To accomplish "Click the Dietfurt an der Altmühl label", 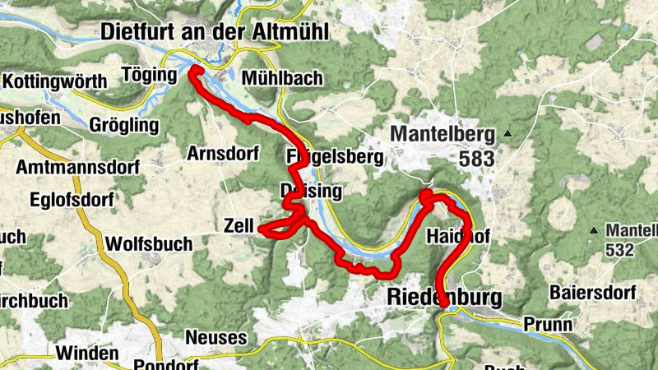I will [x=214, y=32].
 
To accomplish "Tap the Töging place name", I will [x=149, y=75].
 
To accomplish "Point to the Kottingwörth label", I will [x=55, y=81].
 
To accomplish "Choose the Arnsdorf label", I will [x=223, y=154].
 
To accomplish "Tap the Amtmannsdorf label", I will [x=78, y=167].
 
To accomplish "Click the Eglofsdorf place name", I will [x=69, y=200].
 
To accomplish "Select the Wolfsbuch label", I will [x=149, y=244].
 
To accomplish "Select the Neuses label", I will [x=216, y=337].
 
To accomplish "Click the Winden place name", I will [x=88, y=354].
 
